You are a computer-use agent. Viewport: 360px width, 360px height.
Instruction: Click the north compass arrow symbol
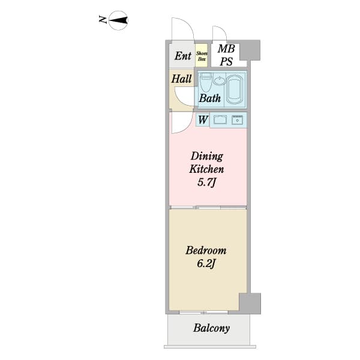tap(118, 20)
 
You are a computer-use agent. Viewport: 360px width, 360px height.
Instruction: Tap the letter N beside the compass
tap(103, 20)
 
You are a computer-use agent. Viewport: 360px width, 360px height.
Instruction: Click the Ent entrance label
tap(183, 56)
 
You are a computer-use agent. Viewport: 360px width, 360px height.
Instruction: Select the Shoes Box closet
tap(202, 56)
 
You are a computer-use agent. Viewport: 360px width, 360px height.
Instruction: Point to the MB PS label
tap(226, 55)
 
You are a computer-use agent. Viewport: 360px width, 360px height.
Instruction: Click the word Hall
tap(181, 79)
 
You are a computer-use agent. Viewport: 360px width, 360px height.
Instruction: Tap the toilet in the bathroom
tap(205, 82)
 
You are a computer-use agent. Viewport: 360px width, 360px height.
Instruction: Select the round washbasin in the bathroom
tap(220, 80)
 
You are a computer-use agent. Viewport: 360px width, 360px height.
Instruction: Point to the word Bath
tap(209, 98)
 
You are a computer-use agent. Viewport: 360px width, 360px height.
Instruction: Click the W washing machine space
tap(203, 119)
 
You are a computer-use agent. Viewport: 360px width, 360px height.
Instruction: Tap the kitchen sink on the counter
tap(220, 119)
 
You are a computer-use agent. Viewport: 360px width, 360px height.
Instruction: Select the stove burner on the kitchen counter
tap(237, 120)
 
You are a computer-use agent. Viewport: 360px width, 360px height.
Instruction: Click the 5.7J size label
tap(206, 182)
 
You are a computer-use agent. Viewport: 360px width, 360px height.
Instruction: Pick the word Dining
tap(207, 157)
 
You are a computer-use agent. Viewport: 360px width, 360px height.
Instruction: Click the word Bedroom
tap(206, 250)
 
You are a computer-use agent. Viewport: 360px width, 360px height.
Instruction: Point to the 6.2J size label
tap(206, 263)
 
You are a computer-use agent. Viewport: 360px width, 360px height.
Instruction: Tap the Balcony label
tap(211, 328)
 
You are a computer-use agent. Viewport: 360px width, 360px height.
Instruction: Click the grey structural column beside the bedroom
tap(250, 303)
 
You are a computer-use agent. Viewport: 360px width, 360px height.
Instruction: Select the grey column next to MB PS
tap(250, 50)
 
